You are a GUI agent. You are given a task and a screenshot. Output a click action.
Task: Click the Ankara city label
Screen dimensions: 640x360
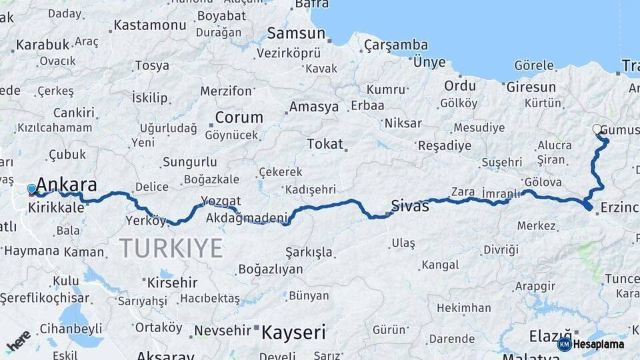66,185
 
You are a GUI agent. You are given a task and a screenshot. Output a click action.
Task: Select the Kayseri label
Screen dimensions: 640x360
293,332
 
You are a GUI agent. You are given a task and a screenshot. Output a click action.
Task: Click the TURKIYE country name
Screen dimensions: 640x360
171,248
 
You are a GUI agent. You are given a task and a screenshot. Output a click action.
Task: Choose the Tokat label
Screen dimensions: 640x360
325,143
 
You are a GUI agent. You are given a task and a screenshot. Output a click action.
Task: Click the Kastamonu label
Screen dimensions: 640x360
150,25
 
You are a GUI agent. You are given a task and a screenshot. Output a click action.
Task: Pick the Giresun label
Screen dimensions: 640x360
531,87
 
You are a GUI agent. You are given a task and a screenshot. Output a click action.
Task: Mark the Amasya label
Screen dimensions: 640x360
314,107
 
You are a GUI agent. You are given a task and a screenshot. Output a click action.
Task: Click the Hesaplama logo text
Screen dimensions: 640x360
599,344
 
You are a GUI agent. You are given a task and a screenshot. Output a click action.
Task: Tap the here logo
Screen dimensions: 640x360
18,341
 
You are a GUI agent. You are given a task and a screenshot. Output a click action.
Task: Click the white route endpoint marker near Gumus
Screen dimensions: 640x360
597,129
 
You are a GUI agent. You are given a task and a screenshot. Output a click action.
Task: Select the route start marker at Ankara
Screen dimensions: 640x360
31,190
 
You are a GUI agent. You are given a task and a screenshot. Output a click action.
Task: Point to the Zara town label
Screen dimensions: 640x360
463,191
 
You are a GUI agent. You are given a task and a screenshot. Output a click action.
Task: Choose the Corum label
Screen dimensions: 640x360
239,117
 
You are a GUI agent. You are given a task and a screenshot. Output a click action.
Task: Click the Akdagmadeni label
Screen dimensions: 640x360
247,217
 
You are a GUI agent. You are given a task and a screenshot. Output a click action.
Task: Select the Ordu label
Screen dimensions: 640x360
460,85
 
